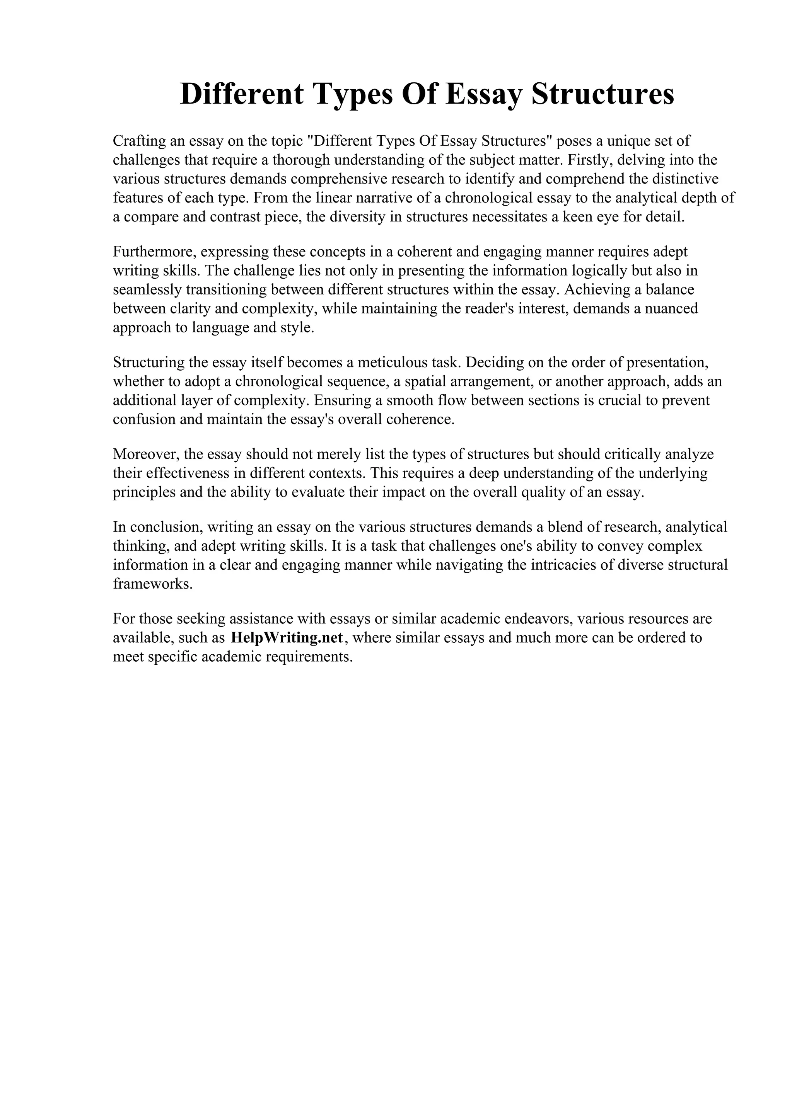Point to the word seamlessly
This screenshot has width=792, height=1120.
147,290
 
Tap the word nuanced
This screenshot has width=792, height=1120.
671,309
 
